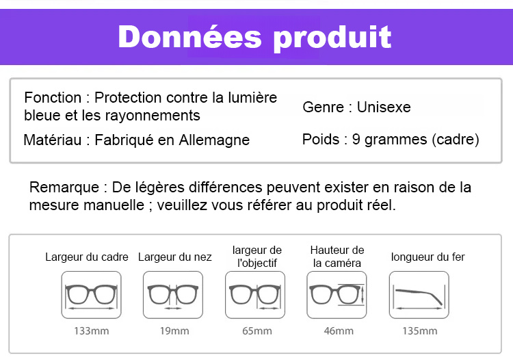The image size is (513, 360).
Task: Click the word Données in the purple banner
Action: pyautogui.click(x=189, y=37)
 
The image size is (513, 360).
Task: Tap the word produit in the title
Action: pyautogui.click(x=332, y=38)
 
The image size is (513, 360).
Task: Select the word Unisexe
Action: pyautogui.click(x=384, y=107)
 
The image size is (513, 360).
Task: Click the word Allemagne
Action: pyautogui.click(x=214, y=140)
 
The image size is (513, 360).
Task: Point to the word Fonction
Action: pyautogui.click(x=53, y=97)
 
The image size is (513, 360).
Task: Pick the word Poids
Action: pyautogui.click(x=321, y=140)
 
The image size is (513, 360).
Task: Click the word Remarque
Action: pyautogui.click(x=64, y=188)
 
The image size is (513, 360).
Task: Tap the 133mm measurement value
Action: pyautogui.click(x=91, y=331)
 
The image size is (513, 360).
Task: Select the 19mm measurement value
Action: pyautogui.click(x=174, y=331)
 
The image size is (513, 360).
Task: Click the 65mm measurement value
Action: pyautogui.click(x=256, y=331)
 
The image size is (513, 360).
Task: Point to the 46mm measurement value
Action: pyautogui.click(x=339, y=331)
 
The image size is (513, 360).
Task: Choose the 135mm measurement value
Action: pyautogui.click(x=420, y=331)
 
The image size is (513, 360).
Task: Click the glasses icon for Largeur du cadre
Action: pyautogui.click(x=91, y=295)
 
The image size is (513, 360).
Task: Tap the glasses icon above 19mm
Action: pyautogui.click(x=173, y=295)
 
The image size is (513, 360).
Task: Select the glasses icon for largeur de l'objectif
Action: pyautogui.click(x=255, y=295)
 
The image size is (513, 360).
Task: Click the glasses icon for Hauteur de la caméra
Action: pyautogui.click(x=337, y=295)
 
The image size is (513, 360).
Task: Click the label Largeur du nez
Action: pyautogui.click(x=174, y=257)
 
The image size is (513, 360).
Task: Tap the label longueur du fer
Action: pyautogui.click(x=428, y=257)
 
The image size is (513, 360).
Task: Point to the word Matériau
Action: pyautogui.click(x=53, y=140)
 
